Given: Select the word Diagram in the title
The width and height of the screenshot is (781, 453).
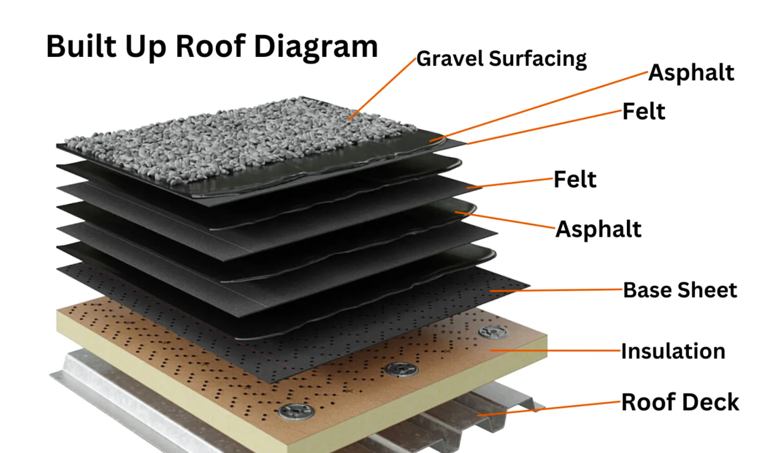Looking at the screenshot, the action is (x=316, y=48).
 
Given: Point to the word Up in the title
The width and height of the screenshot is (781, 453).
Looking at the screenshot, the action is (x=146, y=48).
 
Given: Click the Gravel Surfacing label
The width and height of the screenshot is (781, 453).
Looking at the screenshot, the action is (x=501, y=59).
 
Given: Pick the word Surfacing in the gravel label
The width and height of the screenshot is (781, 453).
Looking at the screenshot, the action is (x=537, y=59).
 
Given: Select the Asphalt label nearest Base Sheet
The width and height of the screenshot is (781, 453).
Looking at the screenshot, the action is (x=598, y=230).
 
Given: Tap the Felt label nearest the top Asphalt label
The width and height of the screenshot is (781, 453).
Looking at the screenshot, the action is (x=644, y=111).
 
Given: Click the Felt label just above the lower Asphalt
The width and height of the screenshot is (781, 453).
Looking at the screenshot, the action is (x=575, y=179).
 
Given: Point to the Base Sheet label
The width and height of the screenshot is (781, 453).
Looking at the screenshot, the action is (x=680, y=290).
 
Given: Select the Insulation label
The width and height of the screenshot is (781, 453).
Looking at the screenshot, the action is (x=673, y=351).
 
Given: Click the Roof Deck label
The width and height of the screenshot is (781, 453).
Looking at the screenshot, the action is (x=680, y=402).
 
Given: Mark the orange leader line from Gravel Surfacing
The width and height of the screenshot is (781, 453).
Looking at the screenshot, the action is (x=382, y=89).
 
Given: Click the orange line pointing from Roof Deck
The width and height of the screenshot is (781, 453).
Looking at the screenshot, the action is (x=549, y=409).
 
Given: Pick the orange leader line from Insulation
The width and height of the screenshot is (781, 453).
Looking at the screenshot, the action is (x=555, y=350).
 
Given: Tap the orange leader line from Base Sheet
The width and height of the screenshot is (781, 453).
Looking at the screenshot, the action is (x=556, y=290).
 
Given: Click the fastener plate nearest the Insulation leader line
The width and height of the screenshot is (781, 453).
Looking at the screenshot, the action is (x=493, y=332).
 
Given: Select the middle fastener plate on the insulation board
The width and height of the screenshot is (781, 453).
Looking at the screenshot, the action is (x=401, y=369).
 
